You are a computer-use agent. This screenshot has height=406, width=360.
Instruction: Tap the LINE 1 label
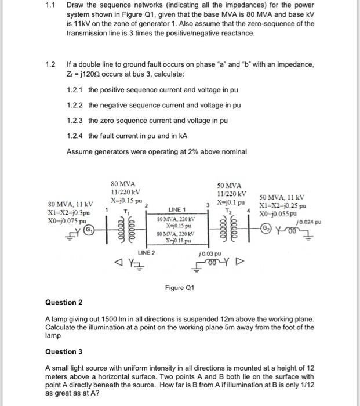(177, 209)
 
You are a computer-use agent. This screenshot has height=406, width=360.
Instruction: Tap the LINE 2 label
(146, 253)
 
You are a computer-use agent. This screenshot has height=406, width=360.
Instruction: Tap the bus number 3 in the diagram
(207, 204)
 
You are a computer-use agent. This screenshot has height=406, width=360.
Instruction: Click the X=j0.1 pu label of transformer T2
(231, 203)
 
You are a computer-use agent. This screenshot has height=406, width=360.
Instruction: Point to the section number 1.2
(51, 64)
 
